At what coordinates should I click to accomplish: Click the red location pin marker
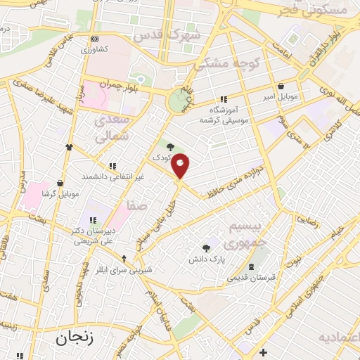point(181,166)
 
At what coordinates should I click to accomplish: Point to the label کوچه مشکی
point(227,63)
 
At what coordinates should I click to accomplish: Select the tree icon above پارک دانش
point(206,248)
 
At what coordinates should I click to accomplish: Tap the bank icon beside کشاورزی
point(95,39)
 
